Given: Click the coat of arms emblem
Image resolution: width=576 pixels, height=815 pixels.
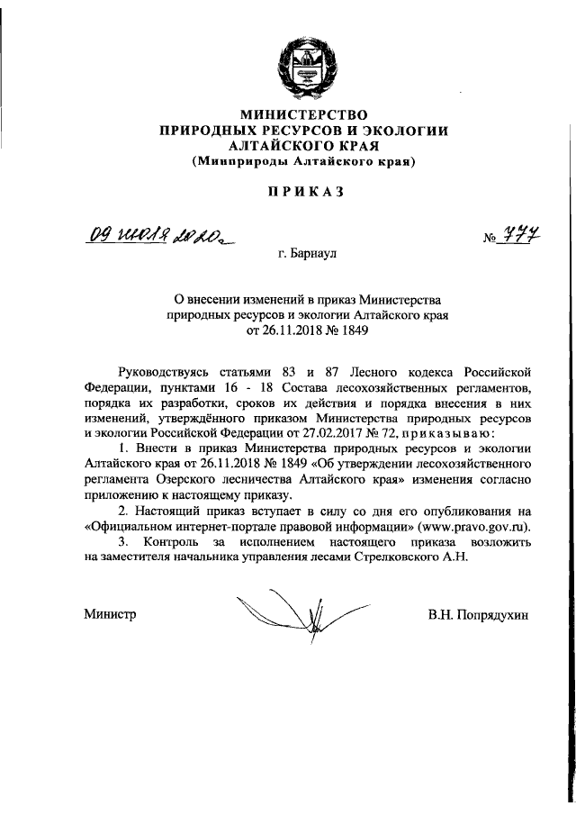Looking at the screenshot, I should (301, 66).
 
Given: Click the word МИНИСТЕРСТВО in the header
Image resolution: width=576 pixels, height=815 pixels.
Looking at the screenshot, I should (302, 115).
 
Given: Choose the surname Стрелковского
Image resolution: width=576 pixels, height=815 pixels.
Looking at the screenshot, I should (387, 556).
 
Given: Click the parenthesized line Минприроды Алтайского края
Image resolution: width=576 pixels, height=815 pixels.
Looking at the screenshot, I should (302, 163).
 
